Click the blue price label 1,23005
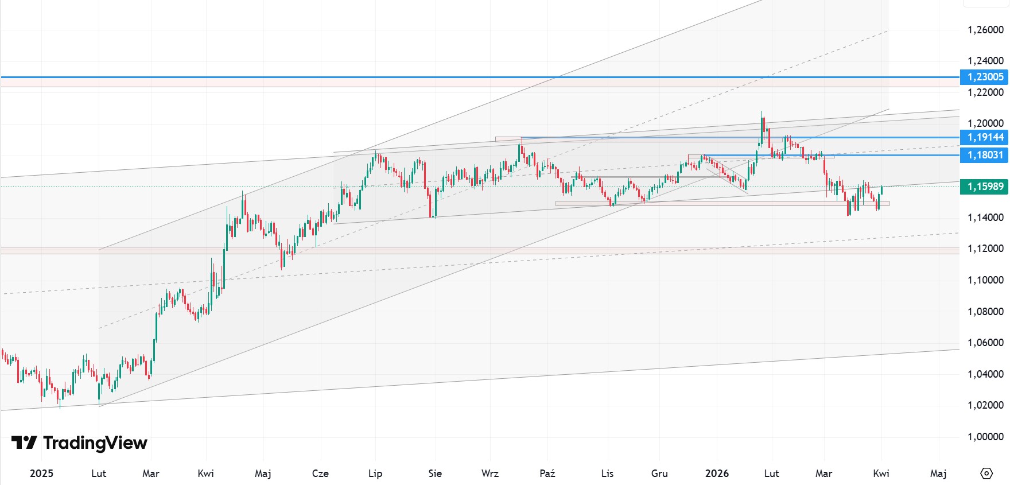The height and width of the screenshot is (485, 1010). [985, 77]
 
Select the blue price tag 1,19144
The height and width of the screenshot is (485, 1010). [985, 137]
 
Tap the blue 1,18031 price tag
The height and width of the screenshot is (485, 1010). [985, 155]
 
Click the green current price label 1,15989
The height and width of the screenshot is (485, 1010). [985, 187]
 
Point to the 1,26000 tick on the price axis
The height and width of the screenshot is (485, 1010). [985, 30]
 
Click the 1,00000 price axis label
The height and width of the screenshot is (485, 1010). [985, 437]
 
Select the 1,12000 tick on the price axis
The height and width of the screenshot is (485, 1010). [985, 249]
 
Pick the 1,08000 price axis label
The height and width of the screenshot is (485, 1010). [985, 312]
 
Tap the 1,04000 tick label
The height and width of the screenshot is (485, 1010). [985, 374]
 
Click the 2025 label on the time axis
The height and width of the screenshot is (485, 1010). [41, 474]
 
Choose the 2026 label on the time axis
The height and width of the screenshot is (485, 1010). [717, 474]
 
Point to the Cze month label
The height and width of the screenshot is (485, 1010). [320, 474]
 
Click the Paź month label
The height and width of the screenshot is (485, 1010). [547, 474]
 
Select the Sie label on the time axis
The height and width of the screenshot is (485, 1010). [435, 474]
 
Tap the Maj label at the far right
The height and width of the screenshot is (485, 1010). [938, 474]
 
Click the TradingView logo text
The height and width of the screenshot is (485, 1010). [95, 443]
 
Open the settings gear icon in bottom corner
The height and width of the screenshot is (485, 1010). [986, 474]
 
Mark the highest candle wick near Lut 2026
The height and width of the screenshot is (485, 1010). [762, 112]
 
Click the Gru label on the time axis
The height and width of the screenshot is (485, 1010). [659, 474]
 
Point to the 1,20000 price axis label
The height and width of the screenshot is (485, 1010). [985, 123]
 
